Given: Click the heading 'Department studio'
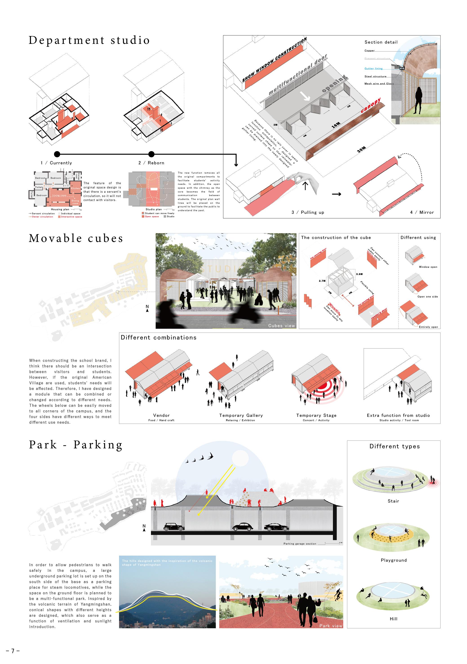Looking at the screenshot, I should pyautogui.click(x=89, y=40).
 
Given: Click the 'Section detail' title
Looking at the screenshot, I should pyautogui.click(x=381, y=42).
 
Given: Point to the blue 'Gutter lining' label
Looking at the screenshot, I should pyautogui.click(x=373, y=69).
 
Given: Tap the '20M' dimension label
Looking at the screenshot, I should pyautogui.click(x=361, y=150).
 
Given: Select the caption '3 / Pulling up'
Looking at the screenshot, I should pyautogui.click(x=308, y=212).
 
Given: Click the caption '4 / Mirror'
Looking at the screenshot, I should pyautogui.click(x=422, y=212).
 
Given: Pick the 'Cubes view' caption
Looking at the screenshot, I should pyautogui.click(x=281, y=326).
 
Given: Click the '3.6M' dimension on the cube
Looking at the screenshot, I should pyautogui.click(x=359, y=274).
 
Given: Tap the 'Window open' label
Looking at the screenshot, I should pyautogui.click(x=428, y=267).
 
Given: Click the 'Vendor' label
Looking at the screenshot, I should pyautogui.click(x=161, y=415).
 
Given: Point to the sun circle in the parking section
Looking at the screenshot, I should pyautogui.click(x=240, y=458).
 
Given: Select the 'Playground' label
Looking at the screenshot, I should pyautogui.click(x=394, y=560).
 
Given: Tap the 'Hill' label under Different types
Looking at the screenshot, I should pyautogui.click(x=393, y=619).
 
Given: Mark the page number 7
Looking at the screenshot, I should pyautogui.click(x=13, y=651).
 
